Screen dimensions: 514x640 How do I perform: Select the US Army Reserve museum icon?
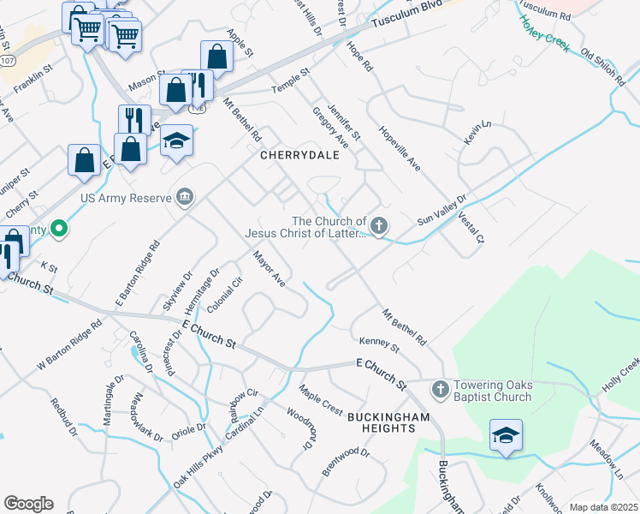click(184, 199)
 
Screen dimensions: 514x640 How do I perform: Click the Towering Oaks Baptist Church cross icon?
click(440, 390)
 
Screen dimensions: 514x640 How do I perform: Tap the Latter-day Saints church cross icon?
click(378, 226)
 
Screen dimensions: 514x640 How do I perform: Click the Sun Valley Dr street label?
click(441, 210)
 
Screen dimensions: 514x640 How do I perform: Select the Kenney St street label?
click(379, 344)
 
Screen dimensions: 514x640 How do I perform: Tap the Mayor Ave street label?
click(268, 267)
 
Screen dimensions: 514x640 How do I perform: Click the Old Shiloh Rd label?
click(604, 67)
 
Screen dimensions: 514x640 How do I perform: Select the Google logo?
click(27, 504)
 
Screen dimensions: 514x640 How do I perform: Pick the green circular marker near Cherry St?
click(58, 229)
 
